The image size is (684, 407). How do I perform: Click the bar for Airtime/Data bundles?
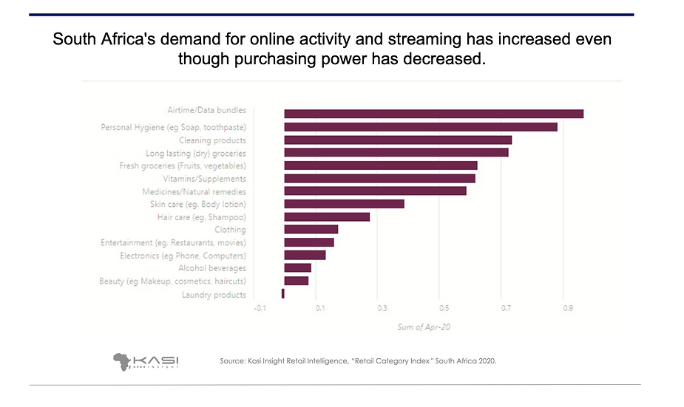click(x=433, y=114)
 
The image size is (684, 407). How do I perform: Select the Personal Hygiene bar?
click(x=420, y=127)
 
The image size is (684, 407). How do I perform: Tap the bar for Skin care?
click(x=344, y=204)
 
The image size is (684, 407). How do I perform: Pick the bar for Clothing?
click(x=311, y=230)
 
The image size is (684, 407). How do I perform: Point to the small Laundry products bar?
click(x=283, y=294)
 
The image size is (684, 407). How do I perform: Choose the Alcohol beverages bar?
click(x=297, y=268)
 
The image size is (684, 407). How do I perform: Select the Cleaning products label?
click(x=212, y=140)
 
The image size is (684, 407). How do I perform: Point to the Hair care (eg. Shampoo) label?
click(x=201, y=217)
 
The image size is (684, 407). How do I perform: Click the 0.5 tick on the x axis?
click(x=443, y=307)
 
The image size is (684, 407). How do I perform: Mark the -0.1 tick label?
click(x=259, y=307)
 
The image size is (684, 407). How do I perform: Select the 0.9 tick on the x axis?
click(x=567, y=307)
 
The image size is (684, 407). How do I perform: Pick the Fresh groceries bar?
click(x=380, y=165)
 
